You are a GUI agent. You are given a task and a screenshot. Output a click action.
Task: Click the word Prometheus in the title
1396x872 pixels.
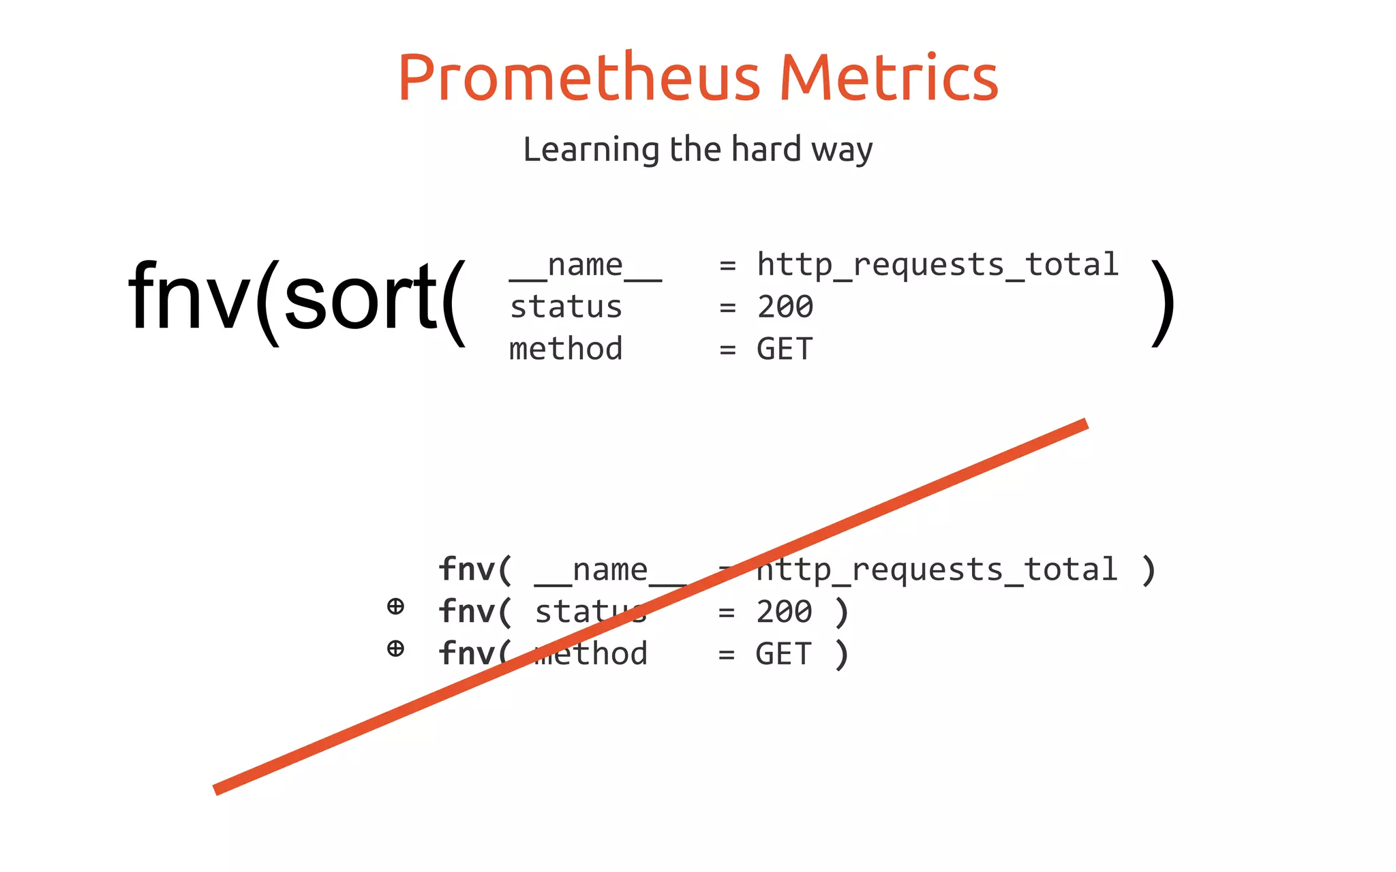coord(579,78)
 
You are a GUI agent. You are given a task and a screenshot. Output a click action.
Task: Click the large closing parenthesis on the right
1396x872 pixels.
coord(1163,303)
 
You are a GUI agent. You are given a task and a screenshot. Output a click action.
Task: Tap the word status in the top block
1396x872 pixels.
coord(566,307)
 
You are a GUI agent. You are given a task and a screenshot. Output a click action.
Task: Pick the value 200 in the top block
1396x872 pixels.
coord(785,307)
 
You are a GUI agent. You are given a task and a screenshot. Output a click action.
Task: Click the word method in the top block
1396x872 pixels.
coord(566,349)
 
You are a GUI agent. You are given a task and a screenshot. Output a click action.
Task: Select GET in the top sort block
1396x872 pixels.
coord(785,349)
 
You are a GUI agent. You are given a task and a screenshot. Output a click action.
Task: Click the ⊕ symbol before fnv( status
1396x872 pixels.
coord(395,606)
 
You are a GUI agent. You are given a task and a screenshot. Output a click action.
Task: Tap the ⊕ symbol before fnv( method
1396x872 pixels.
coord(395,648)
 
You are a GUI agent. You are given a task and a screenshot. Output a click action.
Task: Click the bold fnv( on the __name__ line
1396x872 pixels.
coord(474,570)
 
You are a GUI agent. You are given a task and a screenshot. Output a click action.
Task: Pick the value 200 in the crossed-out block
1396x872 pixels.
coord(784,612)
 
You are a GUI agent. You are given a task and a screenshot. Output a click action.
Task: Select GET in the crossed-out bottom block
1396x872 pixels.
coord(783,654)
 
